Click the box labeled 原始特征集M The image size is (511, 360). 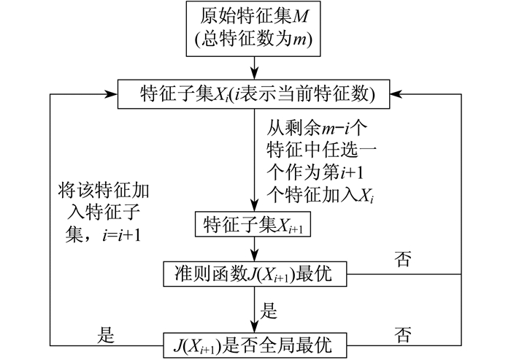[x=253, y=28]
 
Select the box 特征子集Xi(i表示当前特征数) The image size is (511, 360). [x=253, y=94]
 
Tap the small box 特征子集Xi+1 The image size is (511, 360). [x=253, y=224]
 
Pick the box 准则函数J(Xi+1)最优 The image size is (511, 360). [x=255, y=274]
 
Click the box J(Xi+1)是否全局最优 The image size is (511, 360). [x=255, y=345]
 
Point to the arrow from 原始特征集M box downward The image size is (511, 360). [x=254, y=68]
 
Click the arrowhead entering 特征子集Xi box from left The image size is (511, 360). [x=111, y=94]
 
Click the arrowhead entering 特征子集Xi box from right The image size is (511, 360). [x=397, y=94]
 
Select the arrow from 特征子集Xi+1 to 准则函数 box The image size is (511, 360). [x=254, y=249]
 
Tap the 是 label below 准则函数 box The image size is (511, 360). [x=268, y=310]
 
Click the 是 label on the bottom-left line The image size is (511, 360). [x=106, y=334]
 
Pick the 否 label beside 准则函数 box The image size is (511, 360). [x=403, y=259]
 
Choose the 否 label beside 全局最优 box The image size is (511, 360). [x=403, y=334]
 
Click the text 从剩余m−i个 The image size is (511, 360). [x=317, y=128]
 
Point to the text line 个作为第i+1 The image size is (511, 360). [x=315, y=172]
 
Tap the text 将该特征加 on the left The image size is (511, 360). [x=104, y=191]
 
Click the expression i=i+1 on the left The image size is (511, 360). [x=121, y=234]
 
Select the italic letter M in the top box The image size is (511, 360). [x=300, y=17]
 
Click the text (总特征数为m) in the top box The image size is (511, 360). [x=253, y=40]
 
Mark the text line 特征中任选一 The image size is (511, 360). [x=322, y=150]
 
